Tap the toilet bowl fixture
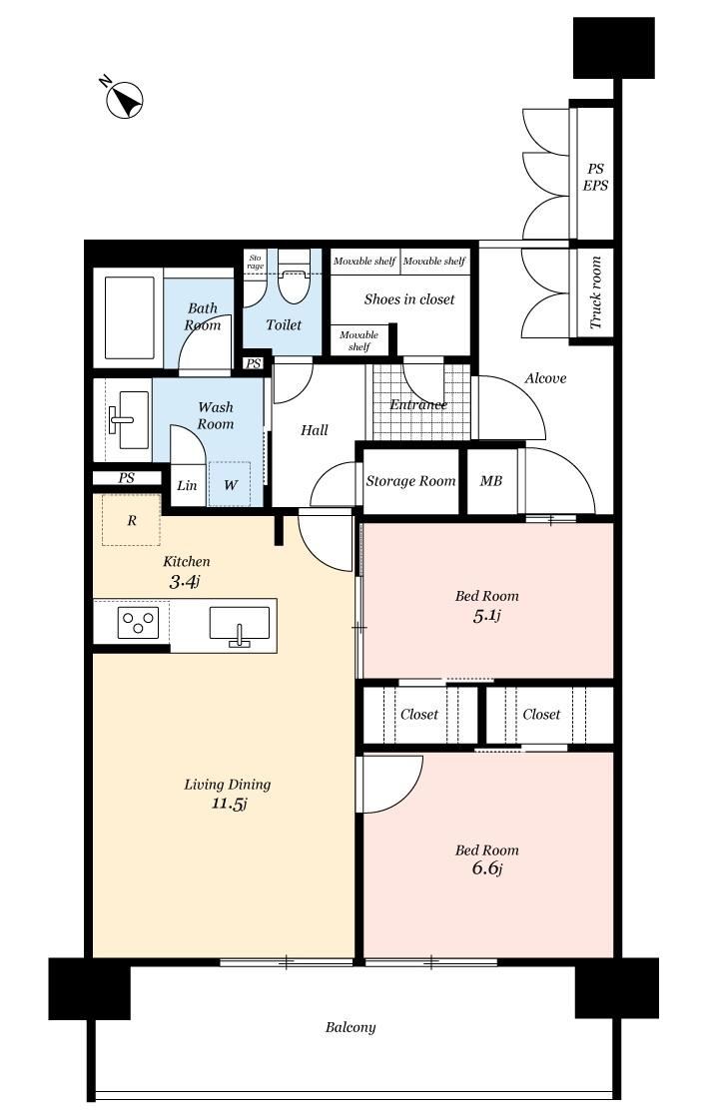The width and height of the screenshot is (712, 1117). click(x=292, y=279)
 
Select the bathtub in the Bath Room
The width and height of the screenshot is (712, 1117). click(x=129, y=317)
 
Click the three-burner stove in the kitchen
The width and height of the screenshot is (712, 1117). click(x=139, y=624)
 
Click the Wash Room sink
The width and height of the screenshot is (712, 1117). click(x=128, y=419)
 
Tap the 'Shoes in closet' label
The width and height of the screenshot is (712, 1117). click(x=409, y=299)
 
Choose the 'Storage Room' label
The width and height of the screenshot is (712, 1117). click(x=410, y=481)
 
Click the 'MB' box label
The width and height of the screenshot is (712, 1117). click(x=491, y=481)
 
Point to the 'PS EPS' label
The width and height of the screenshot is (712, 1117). click(x=596, y=177)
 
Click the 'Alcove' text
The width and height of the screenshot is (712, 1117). click(x=545, y=378)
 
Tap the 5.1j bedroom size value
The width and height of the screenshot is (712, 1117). click(x=486, y=616)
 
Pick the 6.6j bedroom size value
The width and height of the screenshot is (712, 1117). click(x=487, y=868)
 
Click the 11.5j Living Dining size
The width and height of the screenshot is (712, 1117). click(x=229, y=805)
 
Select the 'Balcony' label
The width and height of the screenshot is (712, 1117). click(x=350, y=1027)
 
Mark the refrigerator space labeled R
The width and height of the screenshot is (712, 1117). click(x=131, y=520)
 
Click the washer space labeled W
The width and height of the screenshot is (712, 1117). click(x=230, y=484)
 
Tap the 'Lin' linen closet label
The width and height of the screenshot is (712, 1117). click(x=187, y=485)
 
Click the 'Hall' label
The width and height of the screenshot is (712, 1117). click(x=315, y=429)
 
